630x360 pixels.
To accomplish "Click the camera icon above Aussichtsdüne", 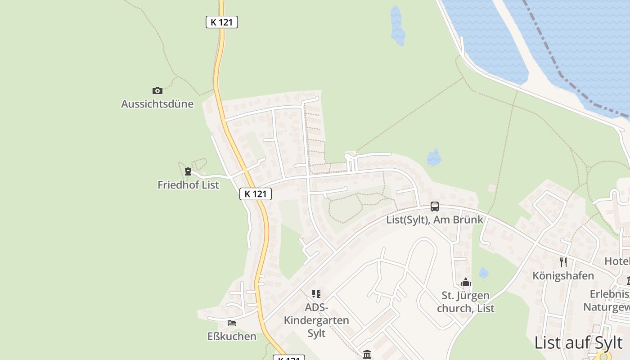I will [157, 90].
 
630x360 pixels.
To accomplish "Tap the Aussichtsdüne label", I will [157, 104].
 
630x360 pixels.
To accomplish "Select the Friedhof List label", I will [188, 184].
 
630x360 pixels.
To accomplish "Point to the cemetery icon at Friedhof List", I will [188, 171].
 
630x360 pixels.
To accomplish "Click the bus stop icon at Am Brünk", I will [434, 207].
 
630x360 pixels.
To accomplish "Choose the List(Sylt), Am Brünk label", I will [434, 220].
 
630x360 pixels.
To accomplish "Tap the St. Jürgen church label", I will [465, 302].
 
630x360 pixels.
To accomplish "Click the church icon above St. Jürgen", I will [465, 283].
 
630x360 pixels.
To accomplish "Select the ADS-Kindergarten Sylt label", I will [316, 320].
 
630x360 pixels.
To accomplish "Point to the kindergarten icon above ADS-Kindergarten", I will [316, 294].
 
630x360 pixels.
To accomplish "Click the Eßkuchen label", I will [232, 336].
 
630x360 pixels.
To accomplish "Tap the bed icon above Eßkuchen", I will [232, 323].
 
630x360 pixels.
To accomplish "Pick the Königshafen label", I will [563, 275].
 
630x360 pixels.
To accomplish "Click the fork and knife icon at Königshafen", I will [563, 262].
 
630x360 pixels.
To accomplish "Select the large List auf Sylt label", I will [578, 342].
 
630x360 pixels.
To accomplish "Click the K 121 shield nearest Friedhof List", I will [256, 194].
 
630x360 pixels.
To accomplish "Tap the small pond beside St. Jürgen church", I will [483, 273].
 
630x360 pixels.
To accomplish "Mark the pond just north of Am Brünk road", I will [434, 157].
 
